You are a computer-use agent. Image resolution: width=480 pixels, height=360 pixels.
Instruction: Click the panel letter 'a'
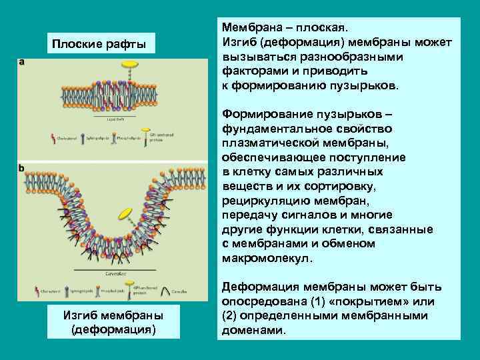coord(22,62)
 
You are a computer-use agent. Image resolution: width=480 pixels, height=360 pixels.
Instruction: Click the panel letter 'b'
coord(22,169)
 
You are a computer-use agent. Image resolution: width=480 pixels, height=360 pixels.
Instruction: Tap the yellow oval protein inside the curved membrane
coord(125,213)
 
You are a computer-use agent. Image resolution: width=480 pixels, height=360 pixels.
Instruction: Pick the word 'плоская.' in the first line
coord(320,29)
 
